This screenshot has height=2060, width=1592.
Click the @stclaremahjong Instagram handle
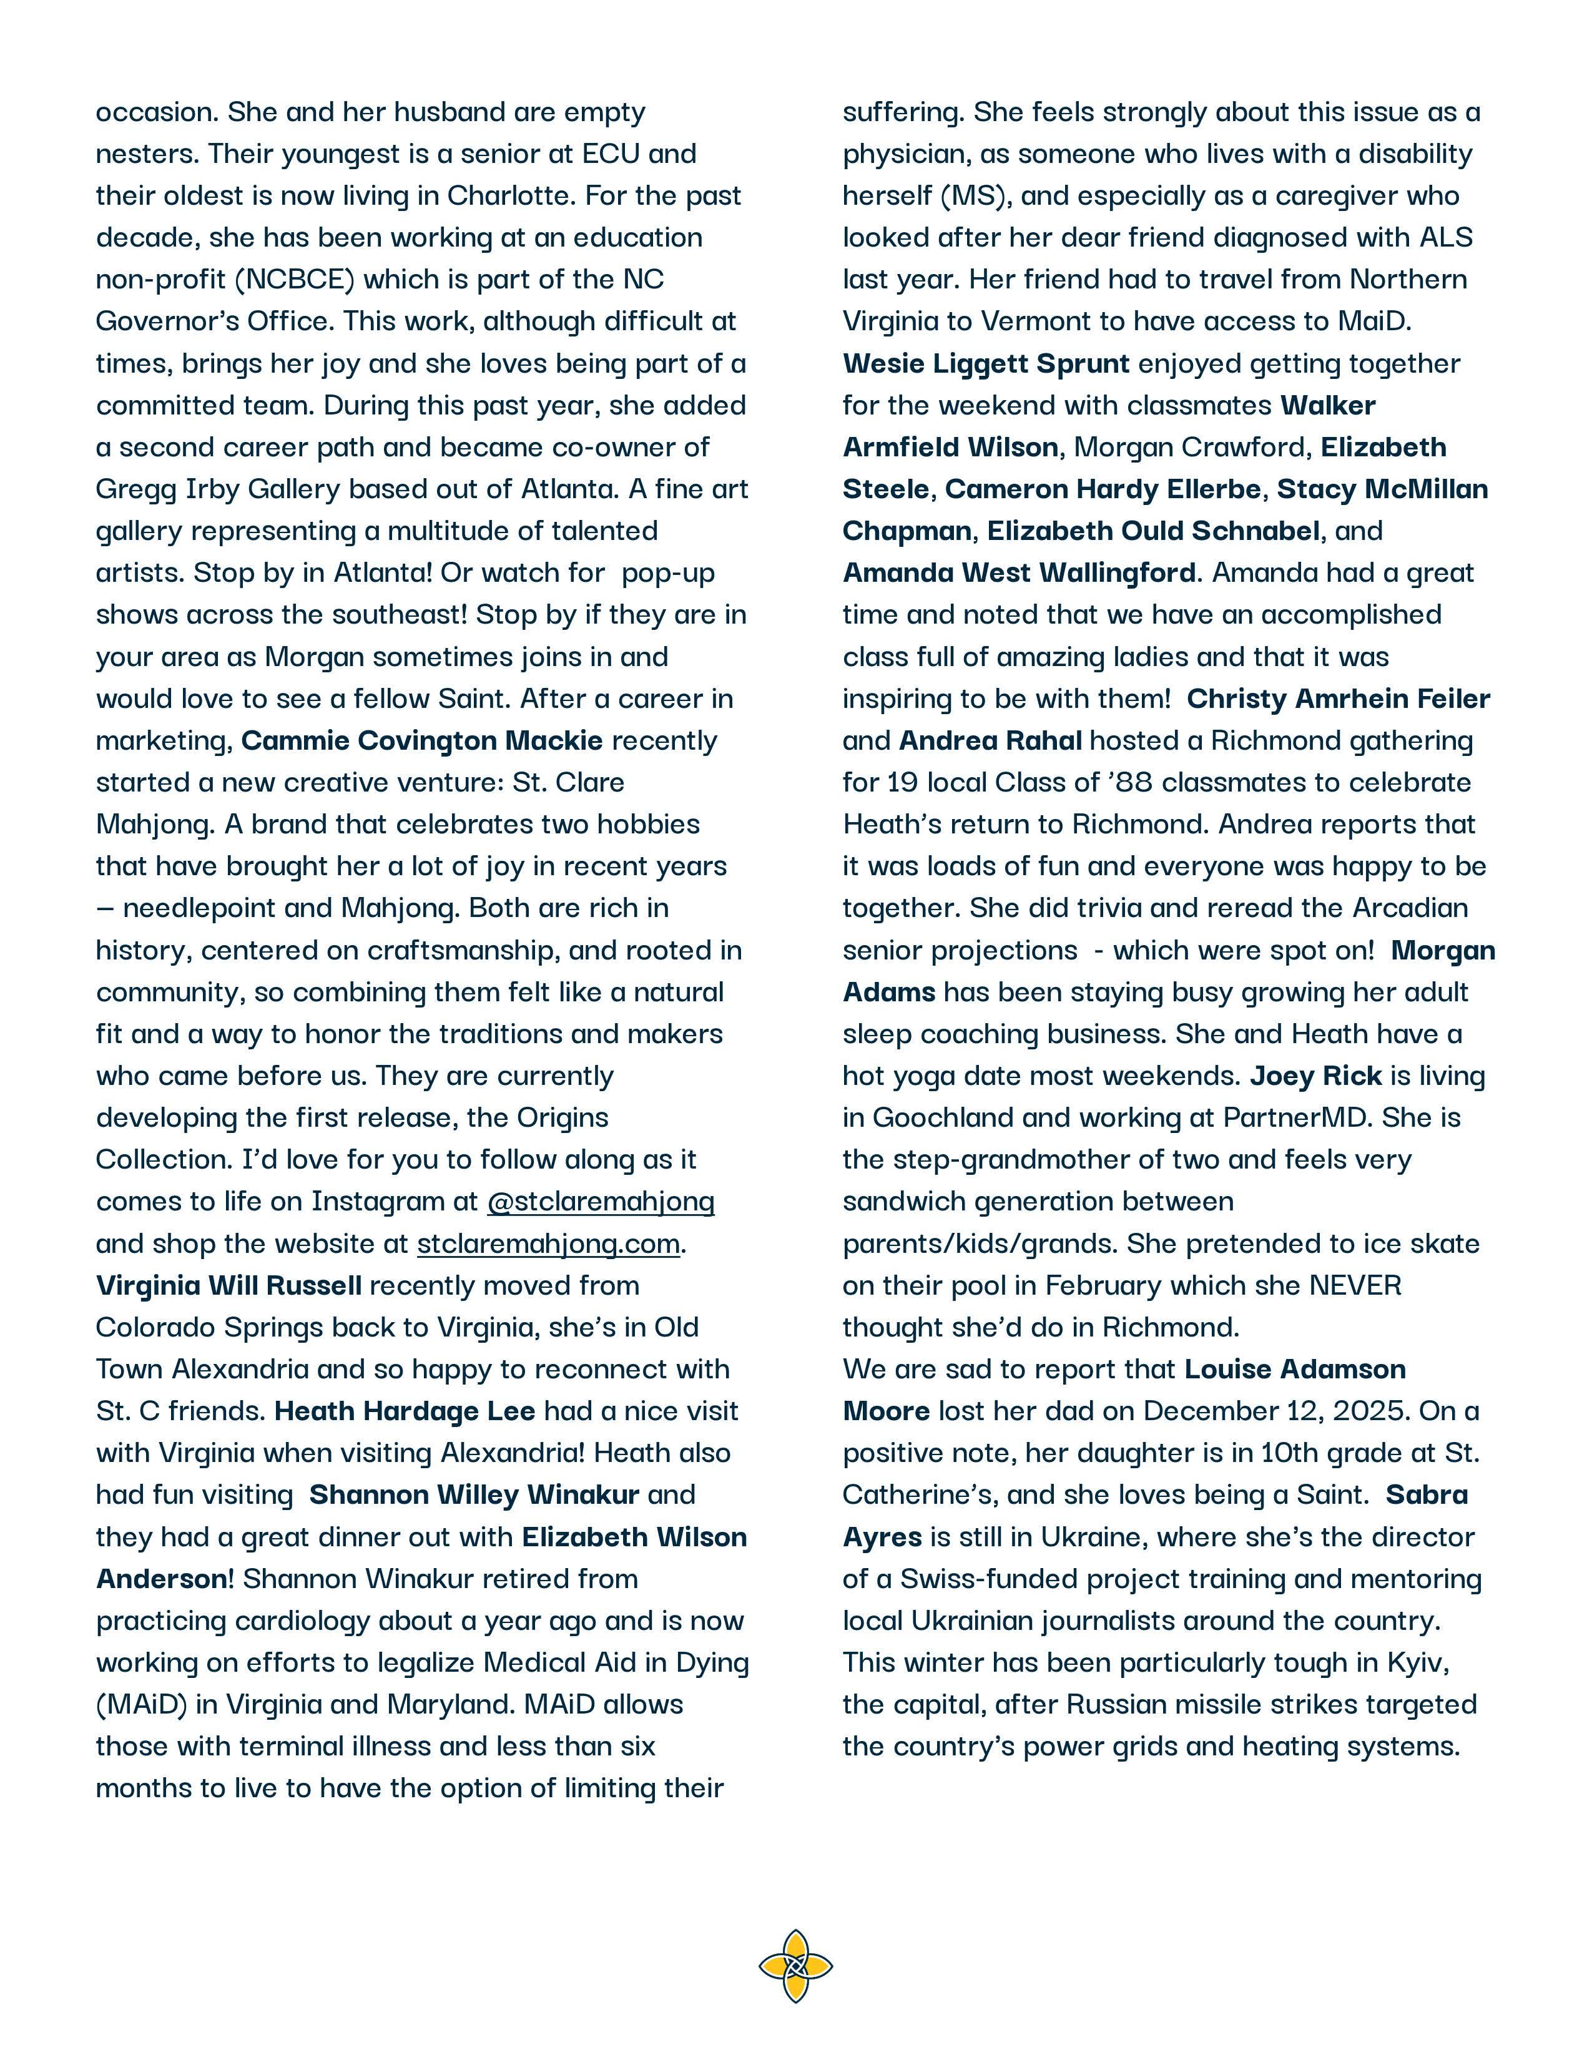click(x=601, y=1202)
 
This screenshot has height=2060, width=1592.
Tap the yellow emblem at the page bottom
click(x=795, y=1966)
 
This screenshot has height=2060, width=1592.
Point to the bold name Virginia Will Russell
click(x=228, y=1285)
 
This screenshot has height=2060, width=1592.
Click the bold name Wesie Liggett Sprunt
click(x=986, y=363)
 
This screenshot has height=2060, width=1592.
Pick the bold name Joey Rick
click(x=1315, y=1076)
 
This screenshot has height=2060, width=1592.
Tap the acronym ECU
click(x=611, y=154)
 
